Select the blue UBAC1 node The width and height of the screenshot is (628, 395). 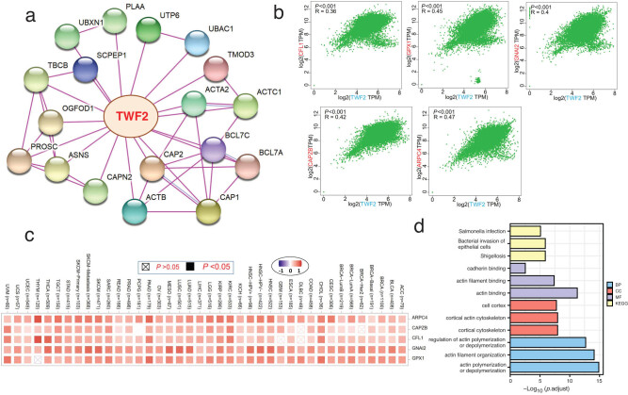(x=197, y=43)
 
